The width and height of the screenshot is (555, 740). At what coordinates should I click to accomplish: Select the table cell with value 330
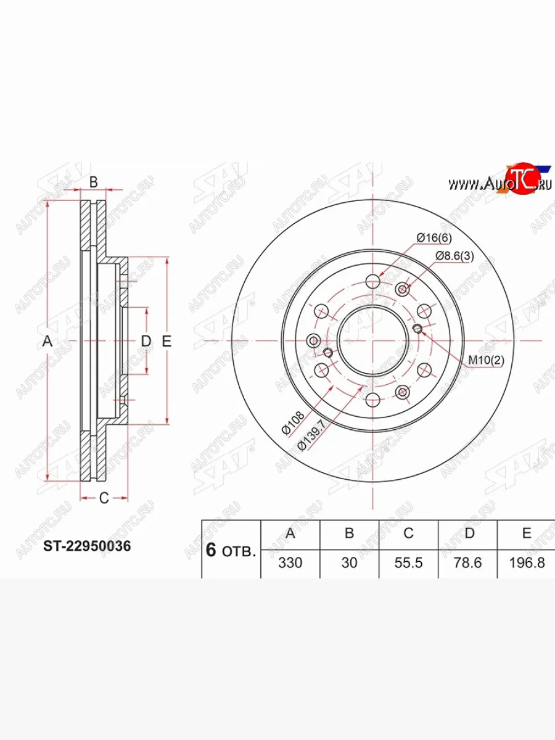[x=290, y=562]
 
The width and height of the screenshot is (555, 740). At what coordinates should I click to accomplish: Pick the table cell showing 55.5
[x=408, y=562]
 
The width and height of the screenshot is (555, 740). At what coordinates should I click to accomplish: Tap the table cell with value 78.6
[x=467, y=562]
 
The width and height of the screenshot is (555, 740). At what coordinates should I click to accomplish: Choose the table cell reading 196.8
[x=527, y=562]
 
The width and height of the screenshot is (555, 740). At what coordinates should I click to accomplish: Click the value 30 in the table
[x=349, y=562]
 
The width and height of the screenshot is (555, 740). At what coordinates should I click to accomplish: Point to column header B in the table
[x=350, y=533]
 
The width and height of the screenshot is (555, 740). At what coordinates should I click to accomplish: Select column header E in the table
[x=527, y=533]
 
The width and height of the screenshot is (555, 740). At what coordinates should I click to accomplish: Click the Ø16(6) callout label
[x=434, y=238]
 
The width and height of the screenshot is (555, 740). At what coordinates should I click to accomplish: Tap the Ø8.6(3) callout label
[x=454, y=256]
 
